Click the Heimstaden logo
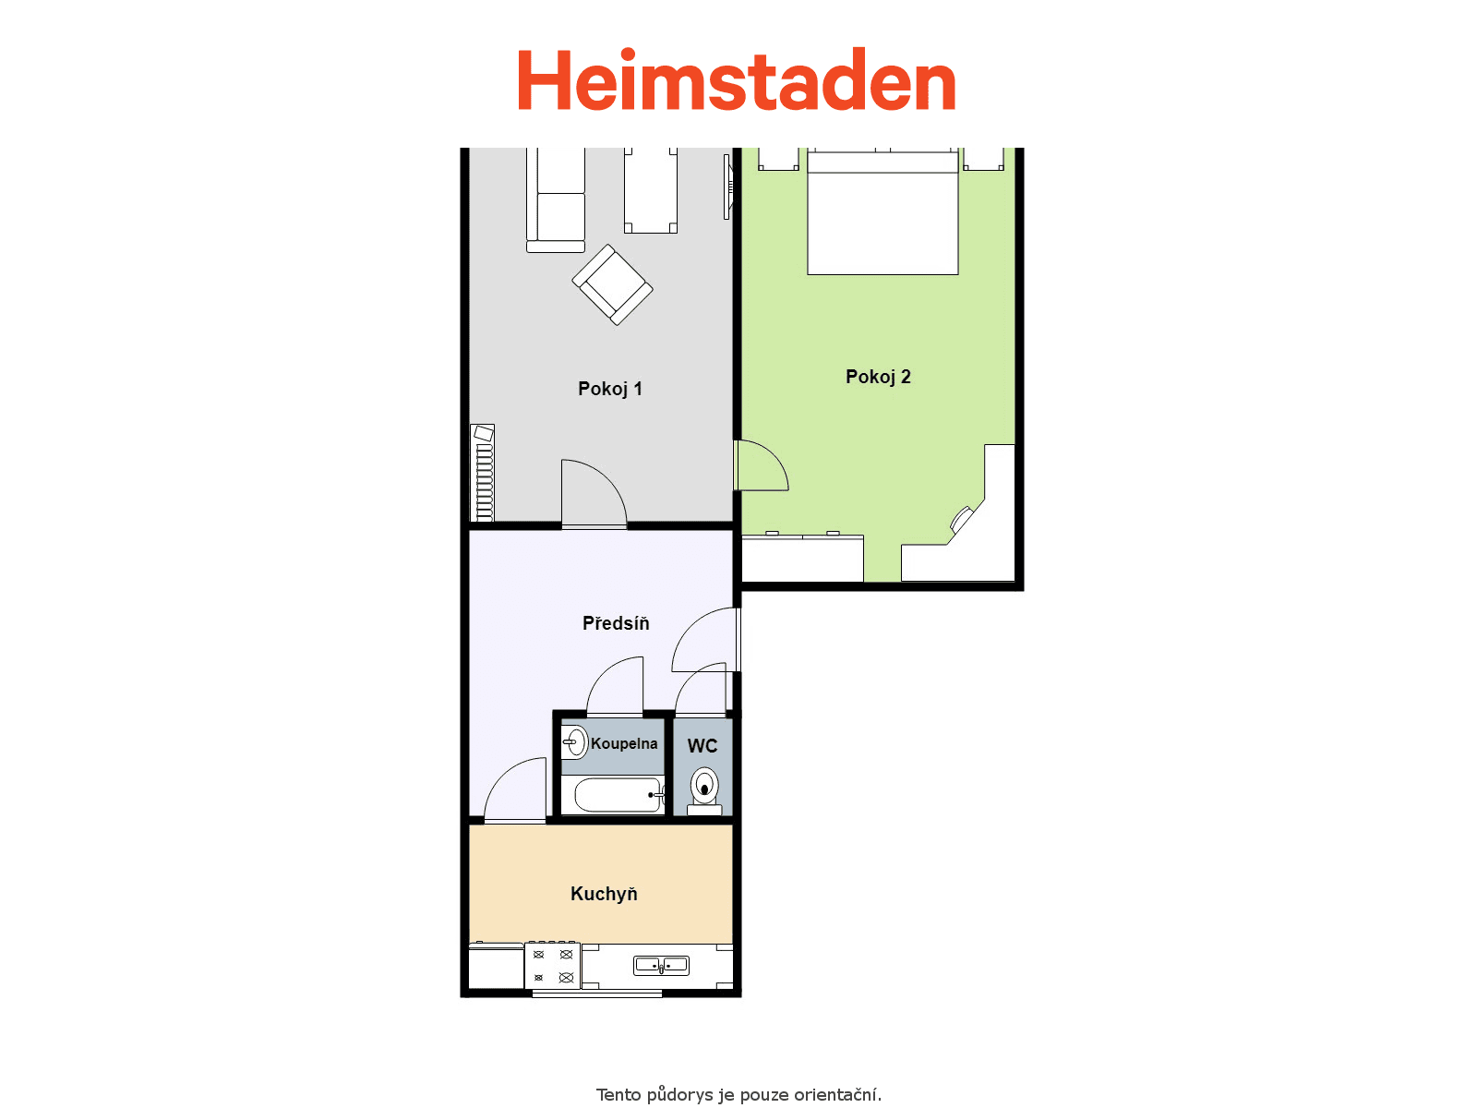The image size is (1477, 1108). tap(737, 79)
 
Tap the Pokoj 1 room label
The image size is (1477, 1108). tap(609, 389)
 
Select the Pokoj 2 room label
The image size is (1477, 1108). tap(878, 377)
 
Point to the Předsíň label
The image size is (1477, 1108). tap(616, 622)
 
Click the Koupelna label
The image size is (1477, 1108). tap(624, 743)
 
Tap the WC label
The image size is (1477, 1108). tap(702, 745)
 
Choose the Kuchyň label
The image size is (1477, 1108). tap(604, 894)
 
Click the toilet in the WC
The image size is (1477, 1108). tap(704, 791)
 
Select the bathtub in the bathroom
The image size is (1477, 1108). tap(618, 795)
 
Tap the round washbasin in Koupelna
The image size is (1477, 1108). tap(575, 742)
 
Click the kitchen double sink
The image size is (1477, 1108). tap(662, 966)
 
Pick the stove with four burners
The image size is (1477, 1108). tap(552, 966)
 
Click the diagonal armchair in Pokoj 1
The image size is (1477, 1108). tap(612, 284)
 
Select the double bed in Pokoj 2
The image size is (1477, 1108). tap(883, 212)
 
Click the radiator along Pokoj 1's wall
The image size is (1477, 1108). tap(483, 473)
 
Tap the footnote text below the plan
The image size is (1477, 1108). tap(738, 1094)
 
